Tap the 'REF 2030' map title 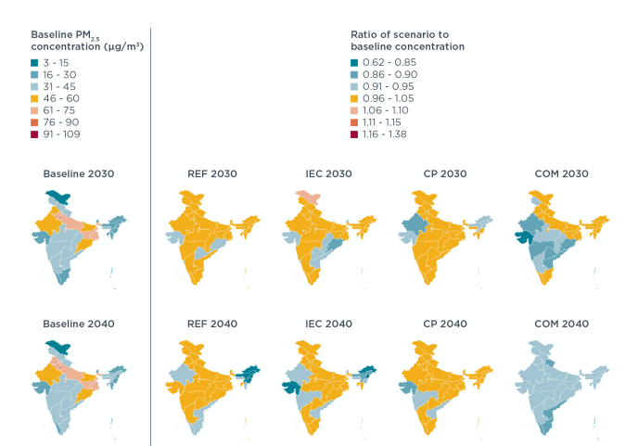[212, 173]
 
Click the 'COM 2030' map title [559, 173]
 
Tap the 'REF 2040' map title [212, 324]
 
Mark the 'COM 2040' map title [559, 324]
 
